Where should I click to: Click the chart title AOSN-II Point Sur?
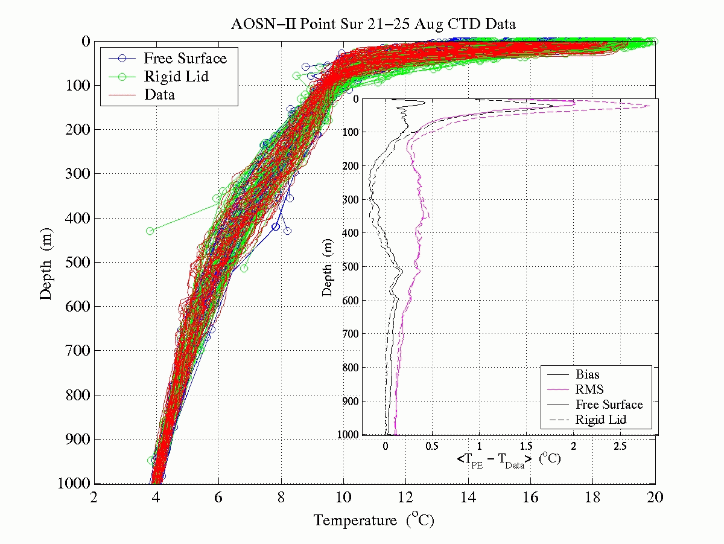(373, 24)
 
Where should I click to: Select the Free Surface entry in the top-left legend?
(185, 59)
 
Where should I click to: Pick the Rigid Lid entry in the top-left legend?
(176, 76)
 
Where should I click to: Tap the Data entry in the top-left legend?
(159, 94)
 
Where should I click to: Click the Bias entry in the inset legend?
(587, 375)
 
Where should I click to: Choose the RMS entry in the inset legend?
(589, 389)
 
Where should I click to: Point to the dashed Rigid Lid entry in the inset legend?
(600, 420)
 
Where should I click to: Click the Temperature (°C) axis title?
(374, 520)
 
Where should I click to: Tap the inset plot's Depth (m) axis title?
(328, 266)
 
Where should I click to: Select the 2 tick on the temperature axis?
(94, 498)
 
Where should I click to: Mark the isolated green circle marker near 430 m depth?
(150, 231)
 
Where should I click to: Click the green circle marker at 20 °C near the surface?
(654, 42)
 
